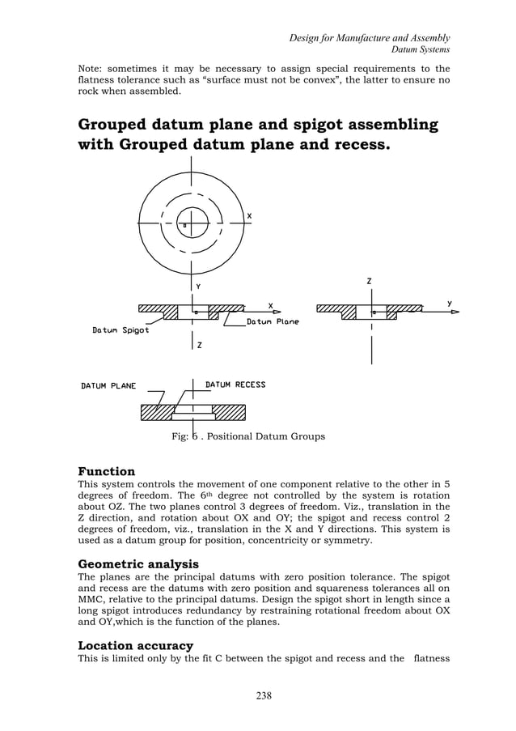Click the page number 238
(257, 695)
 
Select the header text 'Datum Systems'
(420, 50)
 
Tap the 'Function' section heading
(106, 471)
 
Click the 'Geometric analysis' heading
(137, 563)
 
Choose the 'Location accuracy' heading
(135, 645)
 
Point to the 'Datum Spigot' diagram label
(120, 330)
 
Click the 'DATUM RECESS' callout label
(235, 385)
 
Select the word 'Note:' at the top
(92, 69)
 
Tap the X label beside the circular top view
(249, 216)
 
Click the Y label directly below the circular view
(198, 286)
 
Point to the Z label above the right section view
(369, 281)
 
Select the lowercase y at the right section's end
(449, 303)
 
